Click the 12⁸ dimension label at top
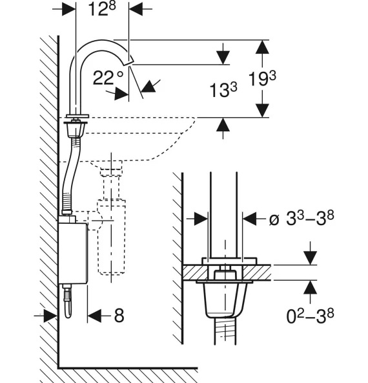click(101, 10)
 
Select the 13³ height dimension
click(223, 90)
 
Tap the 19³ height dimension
click(262, 79)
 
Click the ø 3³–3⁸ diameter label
click(302, 218)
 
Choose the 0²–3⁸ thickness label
click(310, 316)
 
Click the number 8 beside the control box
click(119, 315)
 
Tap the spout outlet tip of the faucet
click(128, 61)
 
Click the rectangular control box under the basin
click(72, 254)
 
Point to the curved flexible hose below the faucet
click(70, 175)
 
